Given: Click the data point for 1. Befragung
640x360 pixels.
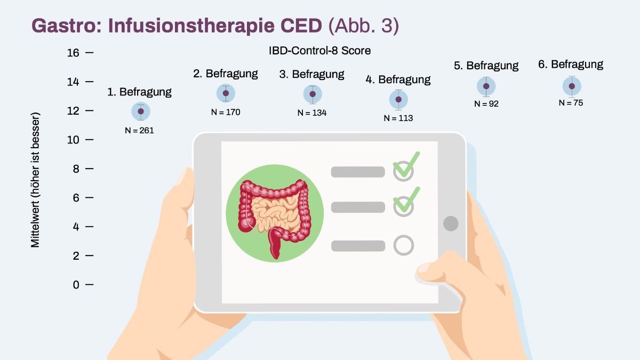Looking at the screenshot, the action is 141,111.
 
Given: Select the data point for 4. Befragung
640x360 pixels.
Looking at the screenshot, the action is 398,99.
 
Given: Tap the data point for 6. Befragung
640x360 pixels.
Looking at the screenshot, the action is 572,86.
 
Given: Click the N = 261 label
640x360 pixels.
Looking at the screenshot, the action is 139,131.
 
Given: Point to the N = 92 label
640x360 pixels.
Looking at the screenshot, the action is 486,103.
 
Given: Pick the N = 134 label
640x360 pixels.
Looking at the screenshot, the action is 312,113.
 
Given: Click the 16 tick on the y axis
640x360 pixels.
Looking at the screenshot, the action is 90,53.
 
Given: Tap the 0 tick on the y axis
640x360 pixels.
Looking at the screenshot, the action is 90,285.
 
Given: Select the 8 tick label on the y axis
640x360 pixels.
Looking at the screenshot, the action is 76,169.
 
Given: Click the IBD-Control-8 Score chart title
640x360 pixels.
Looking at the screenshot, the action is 319,51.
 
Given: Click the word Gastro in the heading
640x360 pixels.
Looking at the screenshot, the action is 66,26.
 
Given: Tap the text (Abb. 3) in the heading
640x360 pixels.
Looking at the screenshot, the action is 363,26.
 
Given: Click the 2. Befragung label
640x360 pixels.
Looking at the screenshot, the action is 226,74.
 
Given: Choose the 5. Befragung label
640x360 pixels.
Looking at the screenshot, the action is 486,66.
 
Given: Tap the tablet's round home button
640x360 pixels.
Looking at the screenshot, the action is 451,223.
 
